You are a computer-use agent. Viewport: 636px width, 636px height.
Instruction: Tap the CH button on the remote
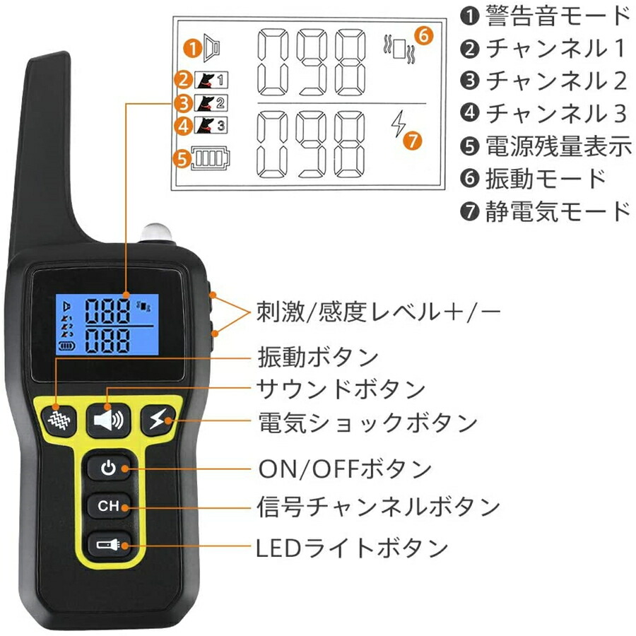tap(108, 506)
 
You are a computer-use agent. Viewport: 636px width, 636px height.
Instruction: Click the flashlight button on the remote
tap(108, 545)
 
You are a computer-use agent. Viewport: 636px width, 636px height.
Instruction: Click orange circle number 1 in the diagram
tap(191, 48)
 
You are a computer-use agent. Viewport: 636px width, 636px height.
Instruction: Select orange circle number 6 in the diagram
tap(423, 35)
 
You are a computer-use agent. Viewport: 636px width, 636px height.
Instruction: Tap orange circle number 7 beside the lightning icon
tap(412, 139)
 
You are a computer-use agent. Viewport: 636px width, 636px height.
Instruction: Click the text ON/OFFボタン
tap(344, 469)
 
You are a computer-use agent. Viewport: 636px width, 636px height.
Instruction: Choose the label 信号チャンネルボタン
tap(379, 507)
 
